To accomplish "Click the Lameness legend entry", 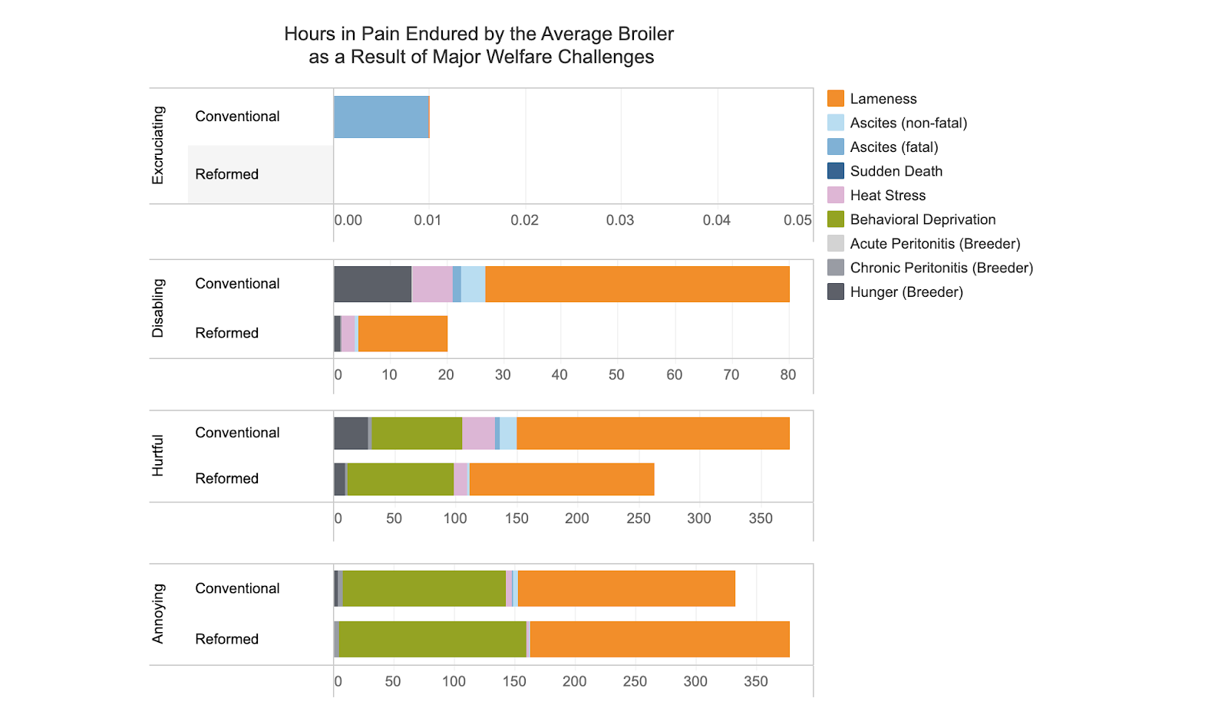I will click(x=883, y=99).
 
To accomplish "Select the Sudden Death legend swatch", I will click(x=836, y=171).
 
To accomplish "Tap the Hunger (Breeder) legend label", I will click(x=906, y=292).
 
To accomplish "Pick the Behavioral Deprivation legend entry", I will click(x=923, y=219).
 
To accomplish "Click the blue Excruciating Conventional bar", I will click(x=381, y=117).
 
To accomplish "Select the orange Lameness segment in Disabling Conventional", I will click(x=637, y=284).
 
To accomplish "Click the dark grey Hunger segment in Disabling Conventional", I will click(x=372, y=284).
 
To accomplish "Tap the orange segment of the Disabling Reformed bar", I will click(x=403, y=334).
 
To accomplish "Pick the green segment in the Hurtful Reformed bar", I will click(x=400, y=479).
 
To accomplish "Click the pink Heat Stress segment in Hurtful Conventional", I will click(x=478, y=433).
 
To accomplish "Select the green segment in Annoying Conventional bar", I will click(x=424, y=588).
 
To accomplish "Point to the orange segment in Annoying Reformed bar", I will click(x=659, y=639).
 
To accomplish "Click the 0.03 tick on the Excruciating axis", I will click(x=620, y=221).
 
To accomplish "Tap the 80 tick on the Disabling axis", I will click(x=788, y=375).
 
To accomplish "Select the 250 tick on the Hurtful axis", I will click(x=639, y=519).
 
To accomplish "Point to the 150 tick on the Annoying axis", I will click(x=514, y=681).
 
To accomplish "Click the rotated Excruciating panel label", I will click(x=158, y=145).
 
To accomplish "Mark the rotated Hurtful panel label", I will click(x=158, y=456).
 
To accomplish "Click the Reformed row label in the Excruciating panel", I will click(x=226, y=174).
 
